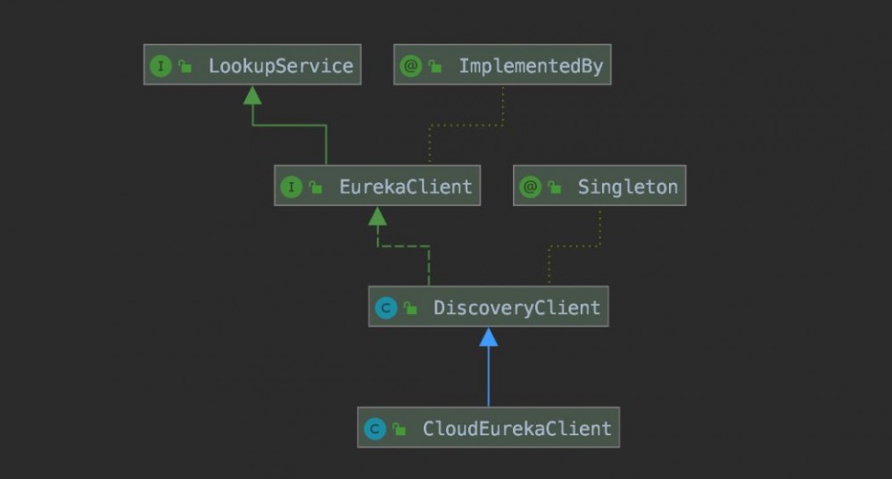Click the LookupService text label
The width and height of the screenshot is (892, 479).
click(x=280, y=66)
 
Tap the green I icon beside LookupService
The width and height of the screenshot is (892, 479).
click(x=161, y=66)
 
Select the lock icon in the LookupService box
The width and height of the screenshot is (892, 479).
click(x=185, y=66)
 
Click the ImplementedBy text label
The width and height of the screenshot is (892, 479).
click(x=531, y=66)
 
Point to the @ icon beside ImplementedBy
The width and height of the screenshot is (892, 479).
click(x=410, y=66)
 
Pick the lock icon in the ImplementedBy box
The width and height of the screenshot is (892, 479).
click(x=434, y=66)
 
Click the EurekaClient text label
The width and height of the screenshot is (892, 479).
click(x=405, y=187)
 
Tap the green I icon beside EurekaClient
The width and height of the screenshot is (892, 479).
click(x=291, y=187)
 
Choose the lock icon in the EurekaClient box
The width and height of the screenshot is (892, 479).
click(x=315, y=187)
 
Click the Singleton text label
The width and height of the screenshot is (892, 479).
click(x=627, y=187)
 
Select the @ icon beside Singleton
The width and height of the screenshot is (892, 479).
click(x=530, y=187)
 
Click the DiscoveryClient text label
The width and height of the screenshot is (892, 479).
click(x=516, y=308)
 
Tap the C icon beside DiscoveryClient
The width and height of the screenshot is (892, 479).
click(x=385, y=308)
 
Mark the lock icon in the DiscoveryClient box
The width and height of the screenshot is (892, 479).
click(x=409, y=308)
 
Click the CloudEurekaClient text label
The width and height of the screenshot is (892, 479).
click(x=516, y=428)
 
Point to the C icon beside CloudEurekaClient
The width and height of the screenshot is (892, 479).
click(x=375, y=428)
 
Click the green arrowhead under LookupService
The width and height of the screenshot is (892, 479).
click(x=252, y=95)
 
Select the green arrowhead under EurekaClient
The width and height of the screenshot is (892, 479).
click(x=377, y=216)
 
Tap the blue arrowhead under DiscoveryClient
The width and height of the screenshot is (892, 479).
click(x=488, y=337)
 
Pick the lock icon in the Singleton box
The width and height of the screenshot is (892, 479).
click(x=554, y=187)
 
